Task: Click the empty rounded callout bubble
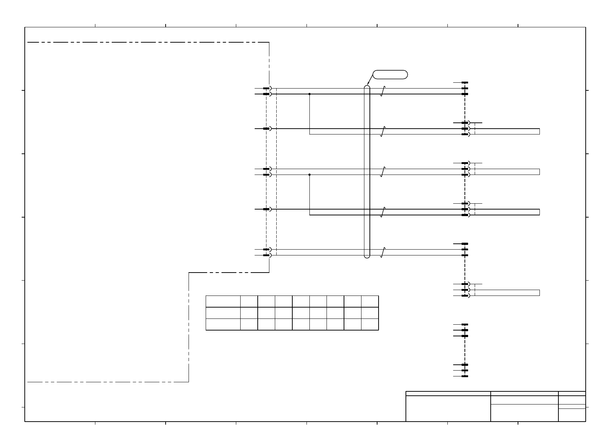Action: click(x=389, y=74)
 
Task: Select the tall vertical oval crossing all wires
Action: click(x=367, y=171)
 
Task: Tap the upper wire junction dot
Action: click(x=309, y=94)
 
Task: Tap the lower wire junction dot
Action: click(x=309, y=175)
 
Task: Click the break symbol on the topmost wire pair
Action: click(x=383, y=91)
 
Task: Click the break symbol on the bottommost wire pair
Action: click(x=383, y=252)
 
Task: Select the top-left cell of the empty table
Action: click(x=223, y=301)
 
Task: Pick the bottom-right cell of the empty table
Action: click(x=370, y=324)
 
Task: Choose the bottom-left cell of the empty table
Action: click(x=223, y=324)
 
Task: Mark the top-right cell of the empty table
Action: click(x=370, y=301)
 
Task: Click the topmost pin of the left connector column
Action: click(x=266, y=88)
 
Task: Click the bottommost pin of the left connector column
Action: click(x=266, y=255)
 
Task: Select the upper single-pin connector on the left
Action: click(x=266, y=129)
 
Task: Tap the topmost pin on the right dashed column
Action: click(x=464, y=83)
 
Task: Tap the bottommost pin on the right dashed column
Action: click(x=464, y=376)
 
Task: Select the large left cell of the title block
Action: click(x=448, y=408)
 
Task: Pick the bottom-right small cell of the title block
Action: click(x=572, y=415)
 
